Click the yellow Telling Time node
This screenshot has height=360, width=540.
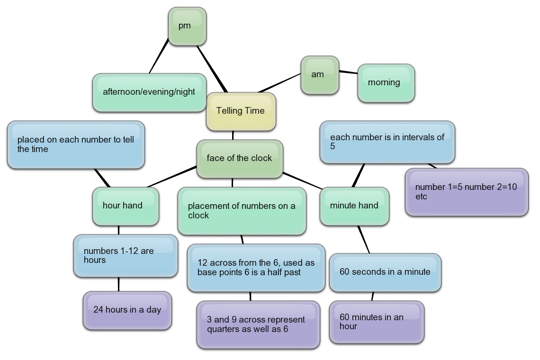(241, 111)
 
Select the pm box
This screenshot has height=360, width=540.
(187, 27)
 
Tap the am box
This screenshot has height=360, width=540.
(320, 75)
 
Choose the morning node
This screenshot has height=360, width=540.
(386, 83)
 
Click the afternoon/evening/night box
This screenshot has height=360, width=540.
(149, 92)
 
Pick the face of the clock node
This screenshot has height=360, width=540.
(240, 159)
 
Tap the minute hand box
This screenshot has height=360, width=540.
(354, 206)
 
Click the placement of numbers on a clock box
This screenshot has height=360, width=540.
(242, 211)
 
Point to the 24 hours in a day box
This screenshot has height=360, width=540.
(127, 310)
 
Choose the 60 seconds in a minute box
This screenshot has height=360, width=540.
(385, 272)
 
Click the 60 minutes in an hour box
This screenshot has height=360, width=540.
(376, 322)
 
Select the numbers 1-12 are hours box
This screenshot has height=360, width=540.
(125, 255)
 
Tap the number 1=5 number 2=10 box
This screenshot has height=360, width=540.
(466, 192)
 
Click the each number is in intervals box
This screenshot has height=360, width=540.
(387, 142)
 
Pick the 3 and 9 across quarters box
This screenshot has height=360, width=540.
(258, 324)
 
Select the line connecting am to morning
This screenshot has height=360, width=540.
(348, 72)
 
